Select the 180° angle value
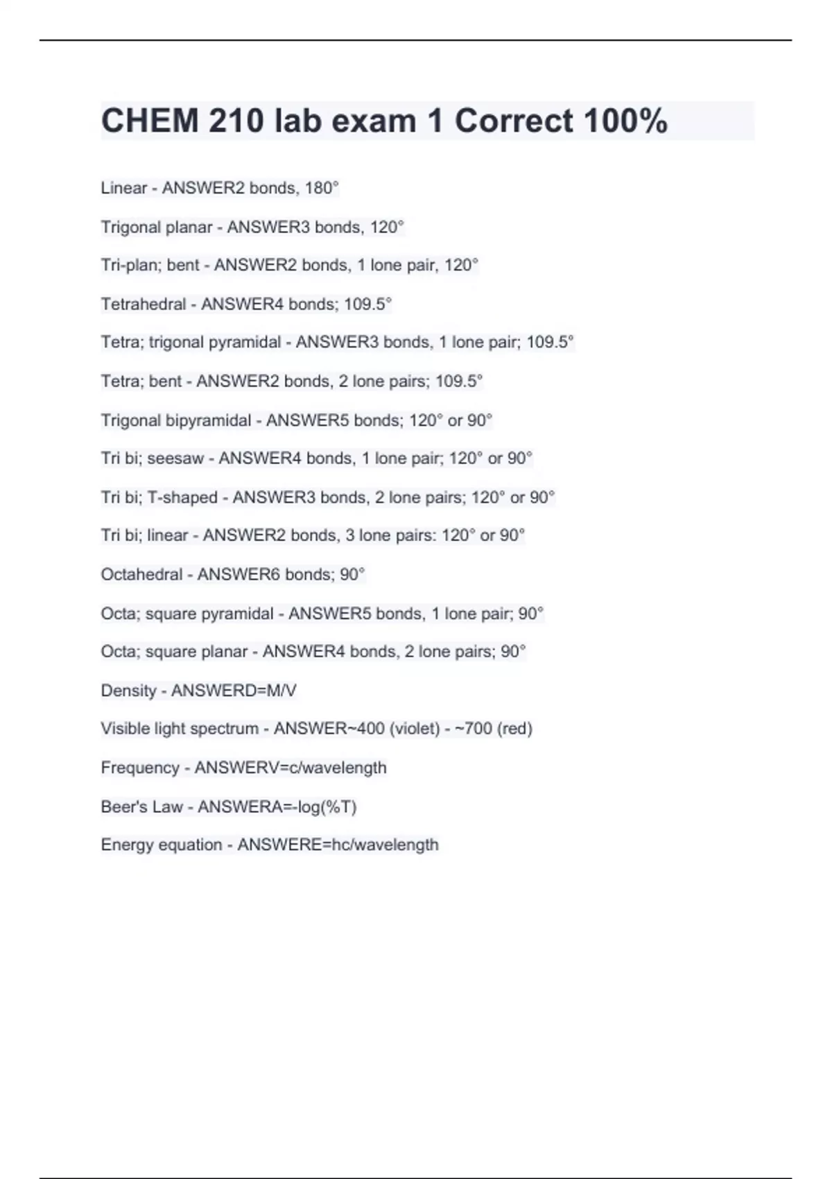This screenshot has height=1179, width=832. click(x=322, y=188)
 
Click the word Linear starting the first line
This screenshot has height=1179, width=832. click(x=124, y=188)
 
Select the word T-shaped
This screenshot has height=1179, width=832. click(x=182, y=497)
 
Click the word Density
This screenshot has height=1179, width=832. click(x=128, y=691)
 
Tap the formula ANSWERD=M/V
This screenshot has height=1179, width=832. click(x=234, y=691)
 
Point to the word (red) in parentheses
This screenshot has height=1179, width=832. click(x=515, y=729)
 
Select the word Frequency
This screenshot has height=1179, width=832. click(x=140, y=768)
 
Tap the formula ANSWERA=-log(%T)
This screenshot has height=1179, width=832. click(x=277, y=807)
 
